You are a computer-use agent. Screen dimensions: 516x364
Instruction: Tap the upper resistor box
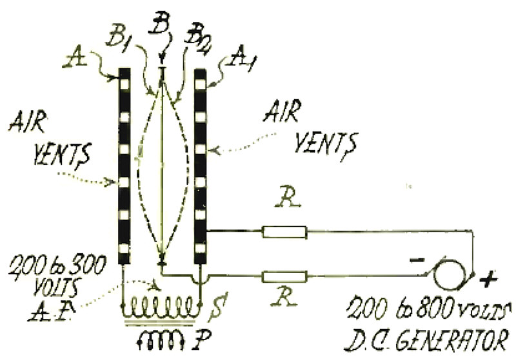pos(284,232)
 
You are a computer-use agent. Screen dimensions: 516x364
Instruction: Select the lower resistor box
pos(285,276)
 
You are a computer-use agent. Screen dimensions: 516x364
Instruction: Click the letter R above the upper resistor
pos(288,198)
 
